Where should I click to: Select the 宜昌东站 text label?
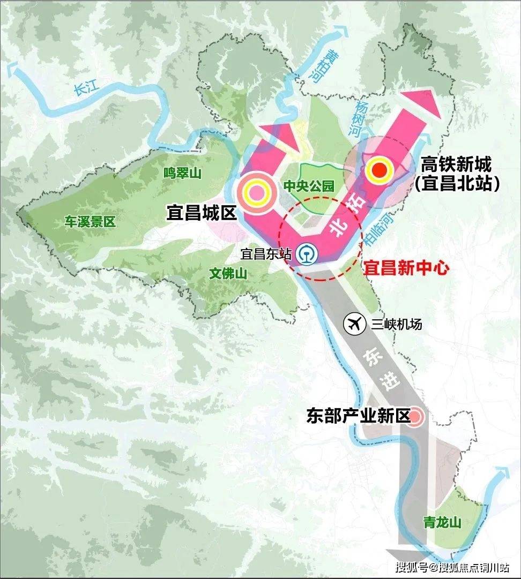[266, 253]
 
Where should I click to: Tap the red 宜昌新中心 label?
[406, 268]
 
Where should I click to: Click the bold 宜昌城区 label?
[202, 214]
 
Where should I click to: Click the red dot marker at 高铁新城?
[379, 169]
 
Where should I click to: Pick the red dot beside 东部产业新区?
[416, 418]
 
